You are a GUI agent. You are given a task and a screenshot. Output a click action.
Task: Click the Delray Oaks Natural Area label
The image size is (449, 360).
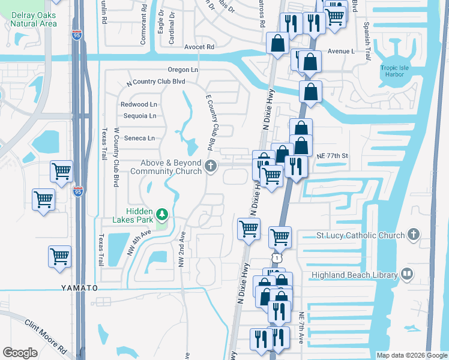[x=34, y=19]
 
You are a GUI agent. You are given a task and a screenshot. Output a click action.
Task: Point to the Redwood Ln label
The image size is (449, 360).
[x=139, y=104]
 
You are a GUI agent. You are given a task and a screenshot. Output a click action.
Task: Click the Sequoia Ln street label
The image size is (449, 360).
[x=139, y=116]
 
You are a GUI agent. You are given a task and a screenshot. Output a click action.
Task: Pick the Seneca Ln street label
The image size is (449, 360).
[x=139, y=138]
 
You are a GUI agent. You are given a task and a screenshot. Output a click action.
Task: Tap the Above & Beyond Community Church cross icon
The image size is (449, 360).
[x=211, y=166]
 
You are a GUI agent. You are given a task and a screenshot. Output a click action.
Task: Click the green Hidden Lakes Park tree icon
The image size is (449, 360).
[x=161, y=214]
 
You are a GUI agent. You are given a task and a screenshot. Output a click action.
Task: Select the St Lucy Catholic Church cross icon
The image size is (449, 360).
[x=413, y=235]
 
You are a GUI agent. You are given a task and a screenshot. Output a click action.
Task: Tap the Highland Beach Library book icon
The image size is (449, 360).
[x=408, y=275]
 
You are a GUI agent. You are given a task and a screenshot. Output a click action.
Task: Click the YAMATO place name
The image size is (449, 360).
[x=79, y=288]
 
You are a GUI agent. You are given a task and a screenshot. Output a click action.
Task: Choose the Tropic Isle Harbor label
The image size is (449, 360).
[x=394, y=71]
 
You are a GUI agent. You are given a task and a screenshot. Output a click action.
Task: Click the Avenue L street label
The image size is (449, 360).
[x=340, y=52]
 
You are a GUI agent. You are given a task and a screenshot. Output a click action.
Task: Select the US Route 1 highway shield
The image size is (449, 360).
[x=276, y=257]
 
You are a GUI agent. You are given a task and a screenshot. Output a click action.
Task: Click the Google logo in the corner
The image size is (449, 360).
[x=20, y=353]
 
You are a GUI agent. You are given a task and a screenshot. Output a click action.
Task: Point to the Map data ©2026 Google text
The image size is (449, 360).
[x=411, y=355]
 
